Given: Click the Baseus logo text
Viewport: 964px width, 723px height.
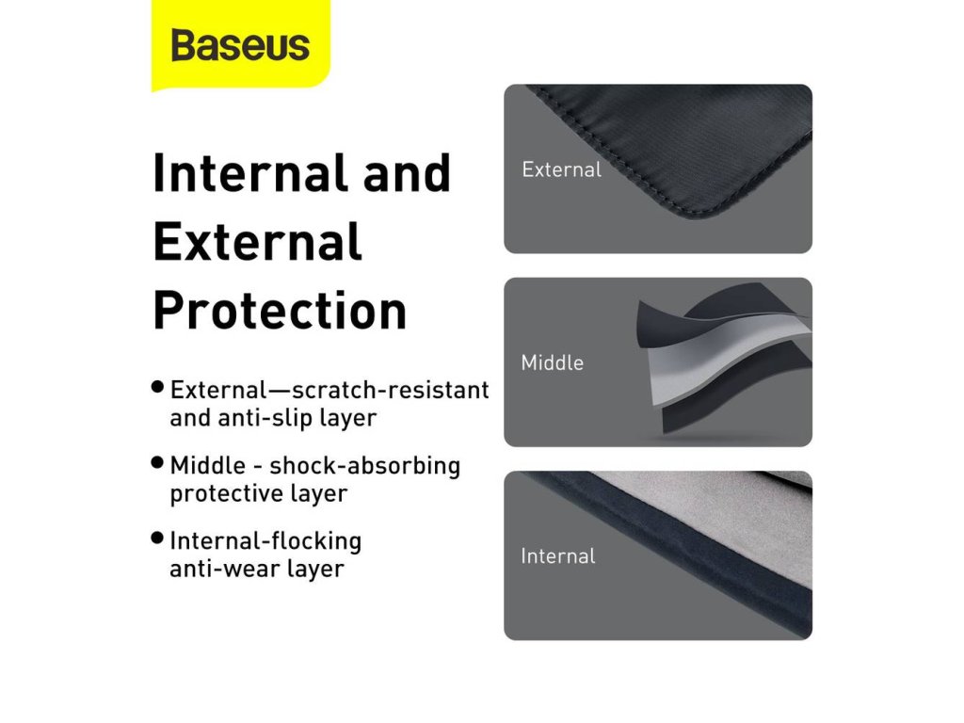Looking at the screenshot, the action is tap(240, 45).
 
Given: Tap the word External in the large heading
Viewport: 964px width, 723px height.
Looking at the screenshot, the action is tap(257, 242).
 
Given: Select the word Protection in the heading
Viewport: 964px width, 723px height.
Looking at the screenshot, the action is tap(280, 311).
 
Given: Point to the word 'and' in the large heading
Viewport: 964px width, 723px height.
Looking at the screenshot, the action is tap(407, 173).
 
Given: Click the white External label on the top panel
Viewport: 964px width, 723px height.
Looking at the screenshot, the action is tap(561, 169).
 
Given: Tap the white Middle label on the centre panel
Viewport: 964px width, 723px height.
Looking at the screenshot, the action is tap(552, 362).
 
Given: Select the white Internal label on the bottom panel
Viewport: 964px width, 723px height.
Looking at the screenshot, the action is tap(557, 556).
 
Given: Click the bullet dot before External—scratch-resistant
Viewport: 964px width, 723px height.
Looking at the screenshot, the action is tap(157, 387).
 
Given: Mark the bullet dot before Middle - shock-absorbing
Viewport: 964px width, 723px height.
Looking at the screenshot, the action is tap(157, 462).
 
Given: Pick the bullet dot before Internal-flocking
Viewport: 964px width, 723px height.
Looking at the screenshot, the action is tap(157, 538).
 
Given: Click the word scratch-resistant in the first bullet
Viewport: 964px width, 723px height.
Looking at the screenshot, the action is tap(391, 390).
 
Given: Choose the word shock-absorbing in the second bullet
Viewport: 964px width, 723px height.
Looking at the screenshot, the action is tap(364, 466).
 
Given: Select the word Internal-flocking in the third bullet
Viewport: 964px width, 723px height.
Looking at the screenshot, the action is tap(265, 541).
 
